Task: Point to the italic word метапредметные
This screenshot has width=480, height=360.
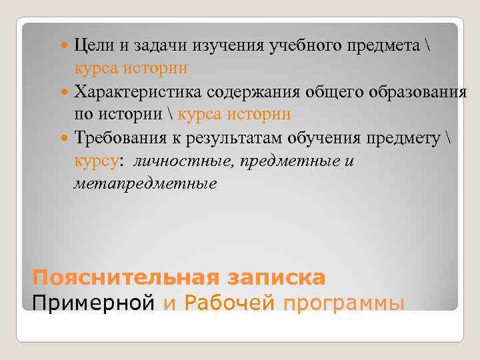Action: point(145,183)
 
